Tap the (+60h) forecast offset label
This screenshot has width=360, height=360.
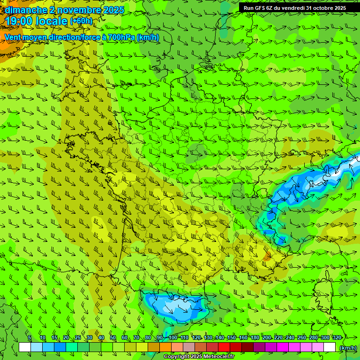(x=81, y=21)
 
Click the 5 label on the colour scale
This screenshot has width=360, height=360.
(x=30, y=337)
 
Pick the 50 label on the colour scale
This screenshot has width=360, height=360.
(x=113, y=337)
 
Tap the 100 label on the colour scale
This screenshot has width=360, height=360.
(x=173, y=337)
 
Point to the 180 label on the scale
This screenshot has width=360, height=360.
(x=255, y=337)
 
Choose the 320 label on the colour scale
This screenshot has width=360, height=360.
(x=337, y=337)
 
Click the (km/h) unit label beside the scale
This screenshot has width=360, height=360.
(x=347, y=348)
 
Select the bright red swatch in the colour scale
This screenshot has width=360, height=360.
(x=224, y=347)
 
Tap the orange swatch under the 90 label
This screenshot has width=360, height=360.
(x=165, y=347)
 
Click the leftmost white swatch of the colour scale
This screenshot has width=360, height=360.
(x=25, y=347)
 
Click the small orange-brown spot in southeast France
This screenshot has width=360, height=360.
(x=267, y=257)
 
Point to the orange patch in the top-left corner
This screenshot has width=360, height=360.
(x=6, y=45)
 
